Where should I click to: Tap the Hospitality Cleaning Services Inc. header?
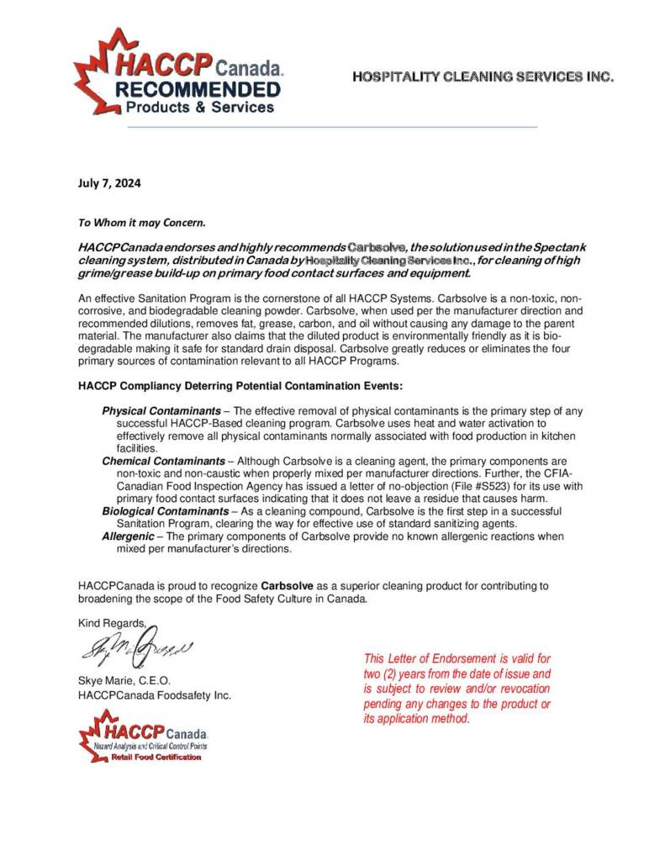[483, 77]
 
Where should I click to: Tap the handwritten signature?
[135, 647]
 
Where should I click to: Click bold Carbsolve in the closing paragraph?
[289, 584]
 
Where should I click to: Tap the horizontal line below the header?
[332, 127]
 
